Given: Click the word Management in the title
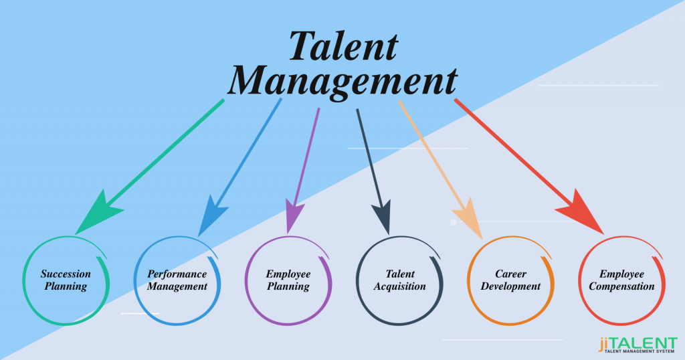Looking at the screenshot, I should click(x=342, y=81).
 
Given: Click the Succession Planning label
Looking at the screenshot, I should click(x=66, y=280).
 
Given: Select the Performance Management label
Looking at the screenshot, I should click(x=177, y=280).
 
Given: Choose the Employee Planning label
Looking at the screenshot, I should click(x=288, y=280).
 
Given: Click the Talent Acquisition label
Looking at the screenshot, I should click(x=400, y=280).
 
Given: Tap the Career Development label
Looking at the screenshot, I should click(x=511, y=280).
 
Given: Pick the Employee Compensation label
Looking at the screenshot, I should click(x=622, y=280).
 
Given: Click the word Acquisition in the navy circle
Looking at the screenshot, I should click(x=400, y=286).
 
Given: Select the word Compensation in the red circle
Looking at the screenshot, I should click(x=622, y=286).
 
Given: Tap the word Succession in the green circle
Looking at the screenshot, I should click(x=66, y=274).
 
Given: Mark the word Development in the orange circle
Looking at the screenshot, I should click(x=511, y=286).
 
